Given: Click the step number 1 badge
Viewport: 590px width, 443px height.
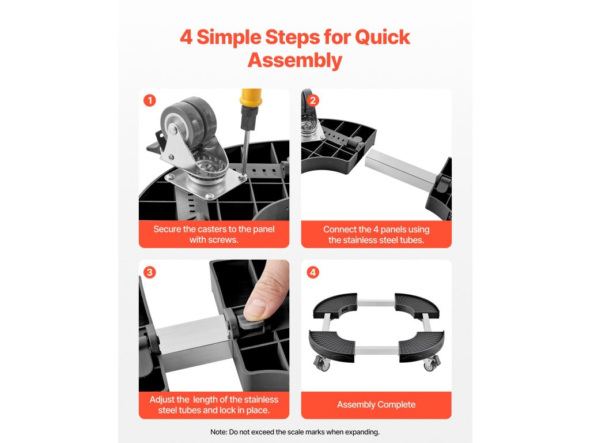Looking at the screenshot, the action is [x=150, y=100].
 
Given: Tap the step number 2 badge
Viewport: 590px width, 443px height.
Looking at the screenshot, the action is [x=313, y=100].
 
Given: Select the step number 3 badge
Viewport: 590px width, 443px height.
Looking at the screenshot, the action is [x=150, y=272].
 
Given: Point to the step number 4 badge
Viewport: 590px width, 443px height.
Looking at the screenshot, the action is [x=313, y=272].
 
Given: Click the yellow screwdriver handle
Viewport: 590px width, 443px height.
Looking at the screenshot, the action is [x=251, y=98].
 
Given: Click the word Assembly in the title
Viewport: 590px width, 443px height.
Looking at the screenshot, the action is [x=295, y=60].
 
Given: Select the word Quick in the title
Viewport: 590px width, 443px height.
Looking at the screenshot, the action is [x=383, y=37].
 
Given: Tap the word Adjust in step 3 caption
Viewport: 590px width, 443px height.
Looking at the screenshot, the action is [x=162, y=400].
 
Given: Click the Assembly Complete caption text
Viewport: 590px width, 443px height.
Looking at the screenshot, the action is [x=376, y=404].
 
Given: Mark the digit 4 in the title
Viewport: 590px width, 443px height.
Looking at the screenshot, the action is [x=186, y=37].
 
